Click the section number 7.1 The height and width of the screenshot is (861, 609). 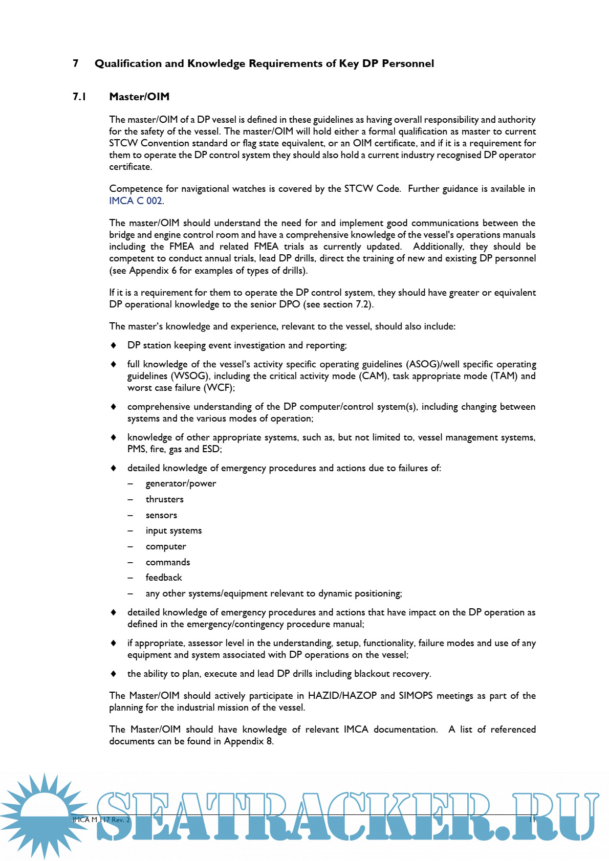79,97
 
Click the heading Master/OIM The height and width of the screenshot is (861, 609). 139,97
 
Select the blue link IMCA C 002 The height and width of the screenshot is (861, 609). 136,201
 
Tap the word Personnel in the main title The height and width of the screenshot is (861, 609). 408,63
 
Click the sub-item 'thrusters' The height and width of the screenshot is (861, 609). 164,499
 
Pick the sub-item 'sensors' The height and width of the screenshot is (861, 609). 161,515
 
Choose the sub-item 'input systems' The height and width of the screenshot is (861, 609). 173,531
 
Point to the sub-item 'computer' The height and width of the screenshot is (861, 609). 166,546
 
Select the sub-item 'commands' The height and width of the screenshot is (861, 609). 167,562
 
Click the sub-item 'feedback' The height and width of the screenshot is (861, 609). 164,578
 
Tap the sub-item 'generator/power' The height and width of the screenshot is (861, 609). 181,483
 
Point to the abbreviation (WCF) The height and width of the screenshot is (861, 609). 219,388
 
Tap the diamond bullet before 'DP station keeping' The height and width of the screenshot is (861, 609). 114,345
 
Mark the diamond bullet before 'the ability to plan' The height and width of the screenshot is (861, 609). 114,674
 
